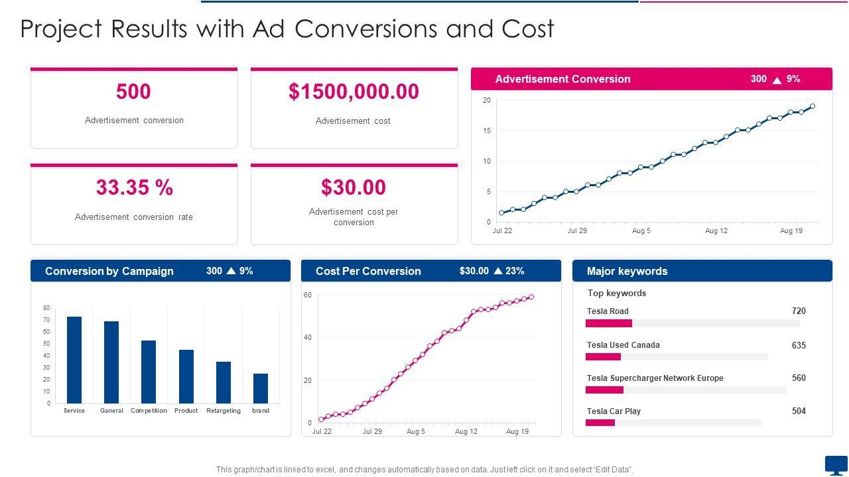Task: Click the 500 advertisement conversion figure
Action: click(x=133, y=91)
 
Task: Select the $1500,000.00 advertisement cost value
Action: click(x=354, y=91)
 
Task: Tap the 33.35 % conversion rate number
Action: click(x=134, y=187)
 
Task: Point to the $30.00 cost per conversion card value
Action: click(x=354, y=187)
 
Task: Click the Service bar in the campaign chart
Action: click(x=74, y=360)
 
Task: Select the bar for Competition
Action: click(x=149, y=372)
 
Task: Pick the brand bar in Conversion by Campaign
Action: click(x=261, y=388)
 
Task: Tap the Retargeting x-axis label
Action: click(x=224, y=411)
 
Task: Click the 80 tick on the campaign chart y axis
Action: click(x=46, y=308)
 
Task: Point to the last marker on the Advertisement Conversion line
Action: click(x=813, y=106)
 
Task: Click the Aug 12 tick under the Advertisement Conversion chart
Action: click(x=716, y=231)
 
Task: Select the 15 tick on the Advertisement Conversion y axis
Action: click(x=487, y=131)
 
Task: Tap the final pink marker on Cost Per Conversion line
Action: click(x=531, y=297)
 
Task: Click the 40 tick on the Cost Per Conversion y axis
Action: click(x=308, y=338)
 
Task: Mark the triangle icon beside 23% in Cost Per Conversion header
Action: click(x=498, y=271)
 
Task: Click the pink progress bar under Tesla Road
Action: click(x=609, y=323)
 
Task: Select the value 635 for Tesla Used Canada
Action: click(x=799, y=345)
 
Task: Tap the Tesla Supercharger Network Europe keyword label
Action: click(x=655, y=378)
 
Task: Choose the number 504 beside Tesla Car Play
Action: click(x=799, y=411)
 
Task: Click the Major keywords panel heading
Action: click(x=627, y=271)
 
